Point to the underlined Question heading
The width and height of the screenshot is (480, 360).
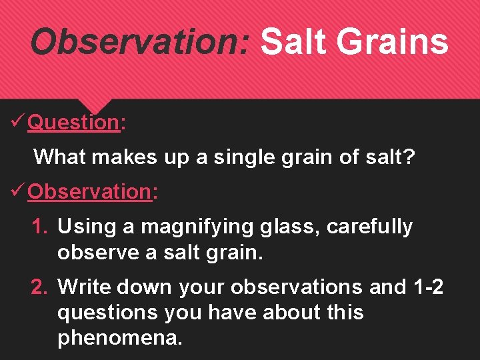[73, 123]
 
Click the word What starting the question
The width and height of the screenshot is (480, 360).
[60, 157]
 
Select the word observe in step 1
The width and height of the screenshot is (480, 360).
[97, 253]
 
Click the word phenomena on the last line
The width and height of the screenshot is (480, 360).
[119, 338]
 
